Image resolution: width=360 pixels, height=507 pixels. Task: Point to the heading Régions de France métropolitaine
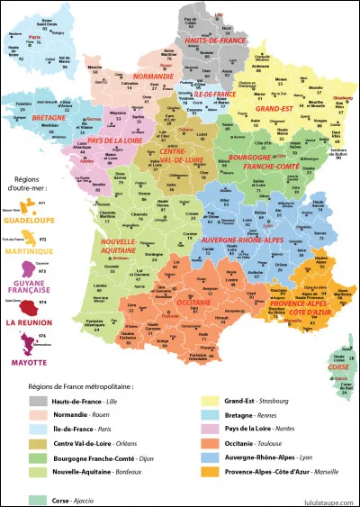click(x=82, y=385)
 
